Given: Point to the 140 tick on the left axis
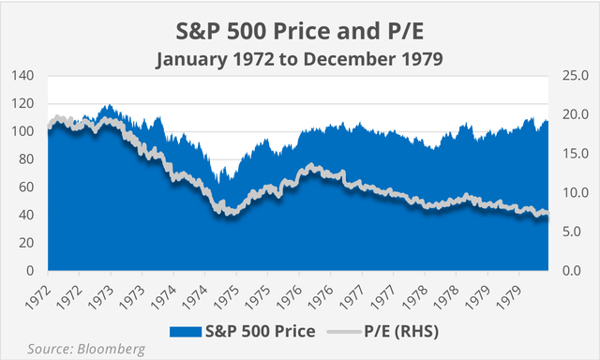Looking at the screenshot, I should pos(26,75).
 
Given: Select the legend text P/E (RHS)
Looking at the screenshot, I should pos(400,331).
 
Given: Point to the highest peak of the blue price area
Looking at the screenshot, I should pos(109,105).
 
